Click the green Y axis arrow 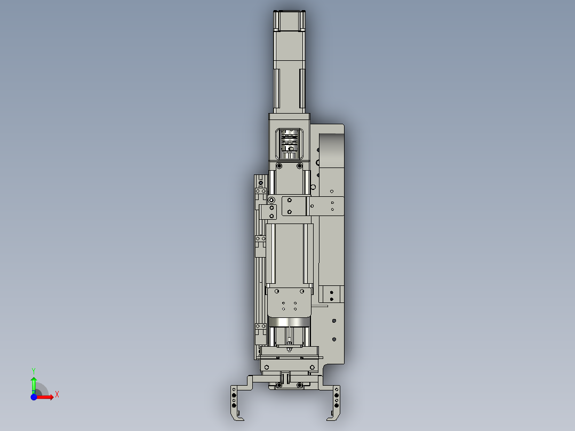coord(34,382)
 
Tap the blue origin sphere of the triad coord(34,397)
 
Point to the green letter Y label coord(33,370)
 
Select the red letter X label coord(57,395)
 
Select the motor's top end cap coord(290,20)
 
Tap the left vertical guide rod coord(272,253)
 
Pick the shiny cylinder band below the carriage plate coord(290,322)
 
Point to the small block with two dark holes coord(331,294)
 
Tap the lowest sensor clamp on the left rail coord(260,327)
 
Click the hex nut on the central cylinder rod coord(289,350)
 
